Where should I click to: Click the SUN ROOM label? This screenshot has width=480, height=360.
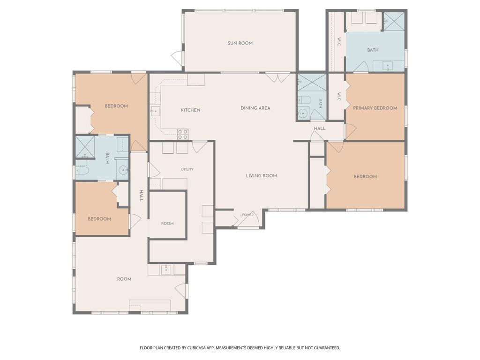[x=240, y=43]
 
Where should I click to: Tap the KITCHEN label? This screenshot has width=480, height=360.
[x=190, y=110]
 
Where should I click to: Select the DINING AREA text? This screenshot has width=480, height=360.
[x=255, y=108]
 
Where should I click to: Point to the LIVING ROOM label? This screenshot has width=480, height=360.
[x=262, y=176]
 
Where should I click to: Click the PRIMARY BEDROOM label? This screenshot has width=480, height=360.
[x=375, y=108]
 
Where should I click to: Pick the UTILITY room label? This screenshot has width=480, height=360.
[x=187, y=169]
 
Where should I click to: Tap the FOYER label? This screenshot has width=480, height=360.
[x=247, y=215]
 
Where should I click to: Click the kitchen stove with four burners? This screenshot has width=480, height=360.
[x=183, y=135]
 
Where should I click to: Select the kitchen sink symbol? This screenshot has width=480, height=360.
[x=155, y=111]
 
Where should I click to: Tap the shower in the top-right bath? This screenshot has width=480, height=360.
[x=394, y=22]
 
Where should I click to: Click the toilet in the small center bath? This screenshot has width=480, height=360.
[x=305, y=100]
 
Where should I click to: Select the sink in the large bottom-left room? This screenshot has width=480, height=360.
[x=166, y=270]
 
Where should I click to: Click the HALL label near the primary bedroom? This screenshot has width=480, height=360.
[x=320, y=128]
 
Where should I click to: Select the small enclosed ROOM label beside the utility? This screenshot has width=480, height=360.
[x=167, y=224]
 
